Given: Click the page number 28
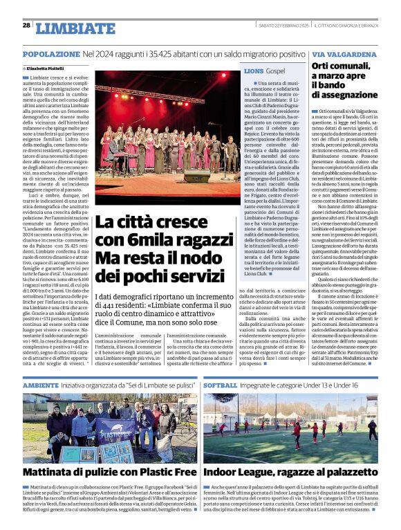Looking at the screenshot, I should point(26,25).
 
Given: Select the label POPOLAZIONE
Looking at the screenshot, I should point(50,53).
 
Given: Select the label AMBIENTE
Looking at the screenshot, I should point(41,385).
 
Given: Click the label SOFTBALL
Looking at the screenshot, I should point(221,385).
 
